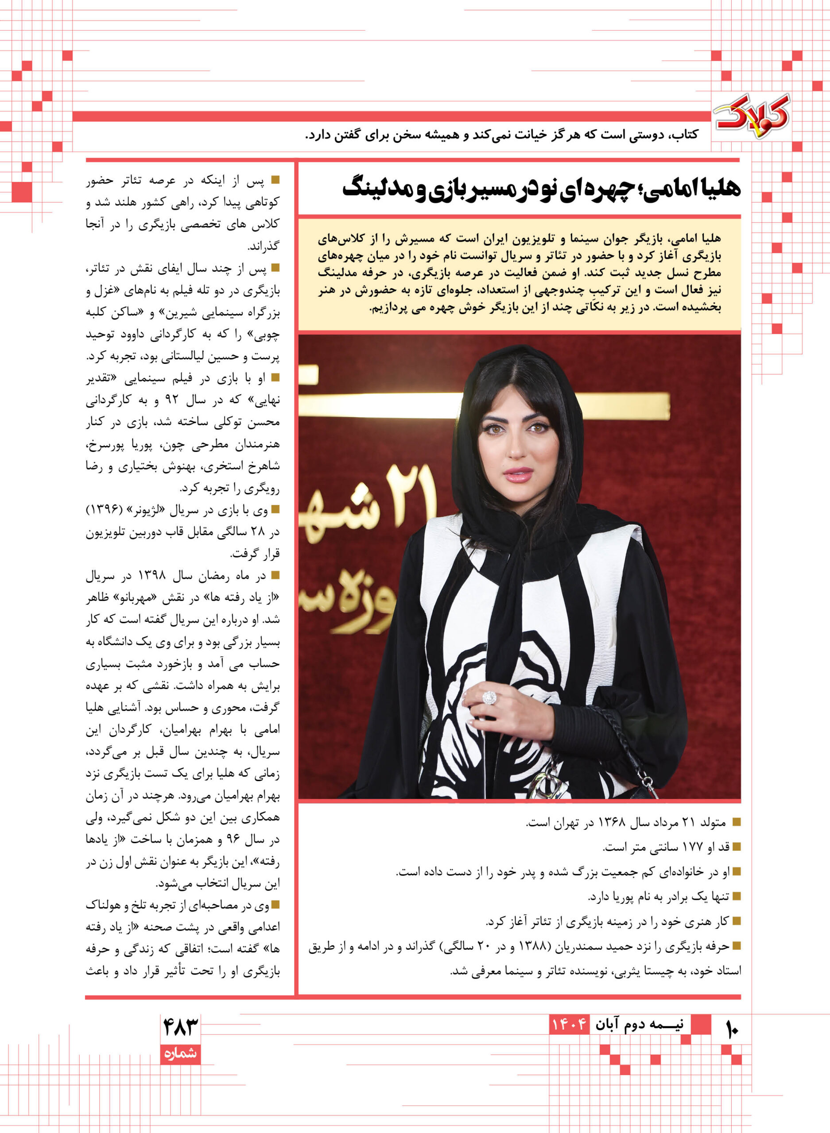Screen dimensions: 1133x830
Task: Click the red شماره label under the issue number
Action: [x=180, y=1053]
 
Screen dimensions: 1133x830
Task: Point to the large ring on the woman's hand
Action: [x=489, y=698]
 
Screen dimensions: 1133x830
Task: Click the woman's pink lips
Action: [x=518, y=474]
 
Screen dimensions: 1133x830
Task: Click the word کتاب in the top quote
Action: [x=685, y=135]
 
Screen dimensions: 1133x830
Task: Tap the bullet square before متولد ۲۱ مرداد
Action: [x=737, y=822]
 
